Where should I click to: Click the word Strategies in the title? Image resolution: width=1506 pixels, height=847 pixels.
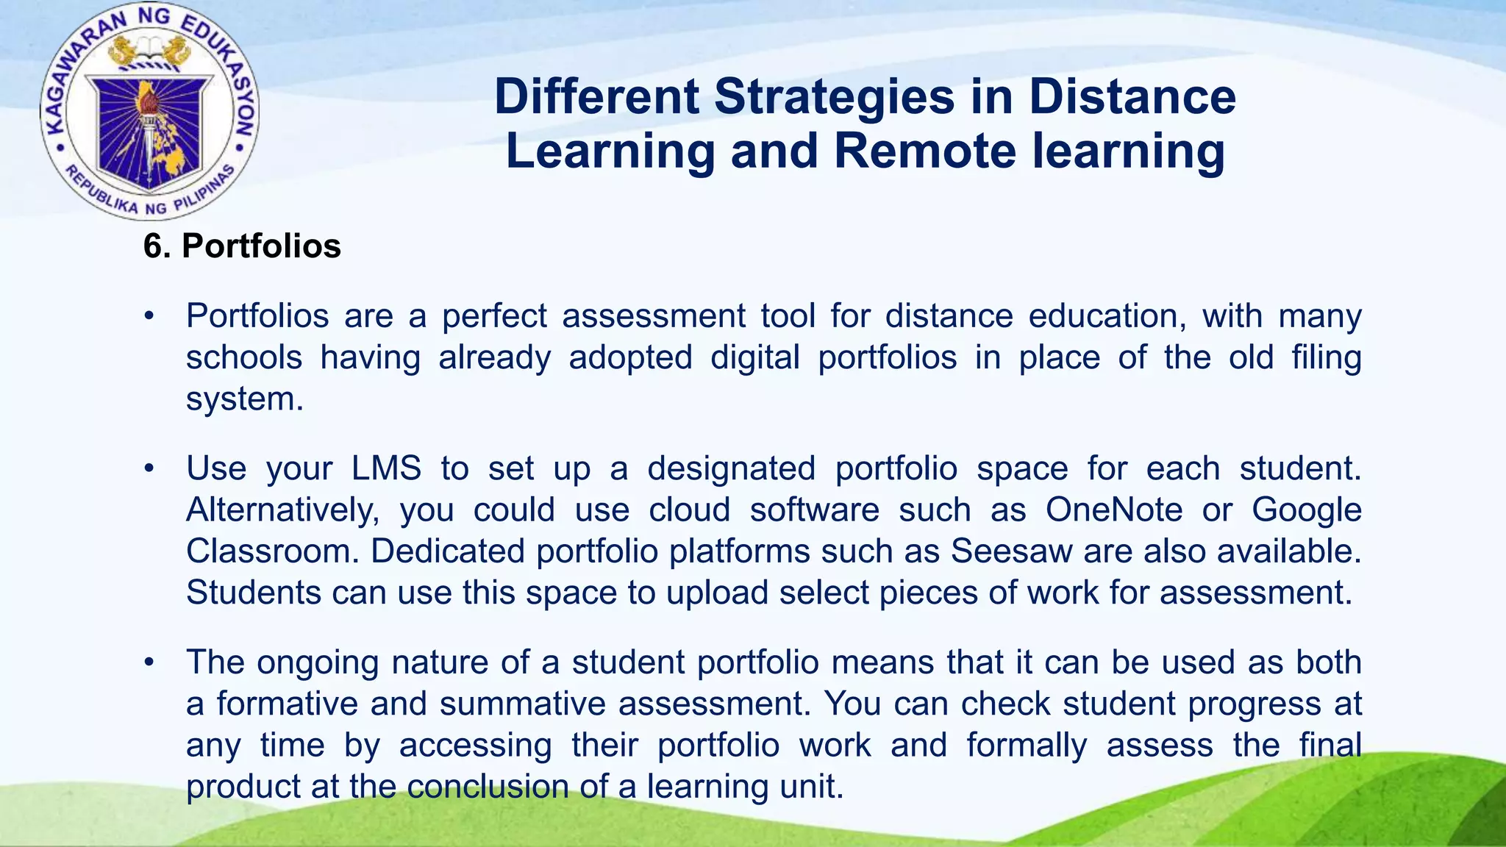coord(835,97)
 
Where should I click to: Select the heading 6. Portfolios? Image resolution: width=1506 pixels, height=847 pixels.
coord(242,246)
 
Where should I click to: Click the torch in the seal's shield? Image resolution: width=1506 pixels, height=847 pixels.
coord(150,125)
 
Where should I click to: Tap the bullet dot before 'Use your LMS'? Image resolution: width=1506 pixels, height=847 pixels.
coord(149,468)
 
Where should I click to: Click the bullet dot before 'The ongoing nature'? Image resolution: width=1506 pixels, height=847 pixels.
coord(149,662)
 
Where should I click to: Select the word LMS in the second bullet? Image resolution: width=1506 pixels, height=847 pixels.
coord(386,468)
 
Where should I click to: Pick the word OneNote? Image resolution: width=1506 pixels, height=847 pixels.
coord(1114,510)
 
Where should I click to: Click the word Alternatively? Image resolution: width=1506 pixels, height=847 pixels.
coord(282,510)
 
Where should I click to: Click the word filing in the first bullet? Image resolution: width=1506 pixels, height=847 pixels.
coord(1327,358)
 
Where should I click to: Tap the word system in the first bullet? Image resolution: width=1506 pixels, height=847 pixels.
coord(244,399)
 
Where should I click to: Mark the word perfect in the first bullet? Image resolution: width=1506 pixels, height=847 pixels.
coord(494,316)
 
